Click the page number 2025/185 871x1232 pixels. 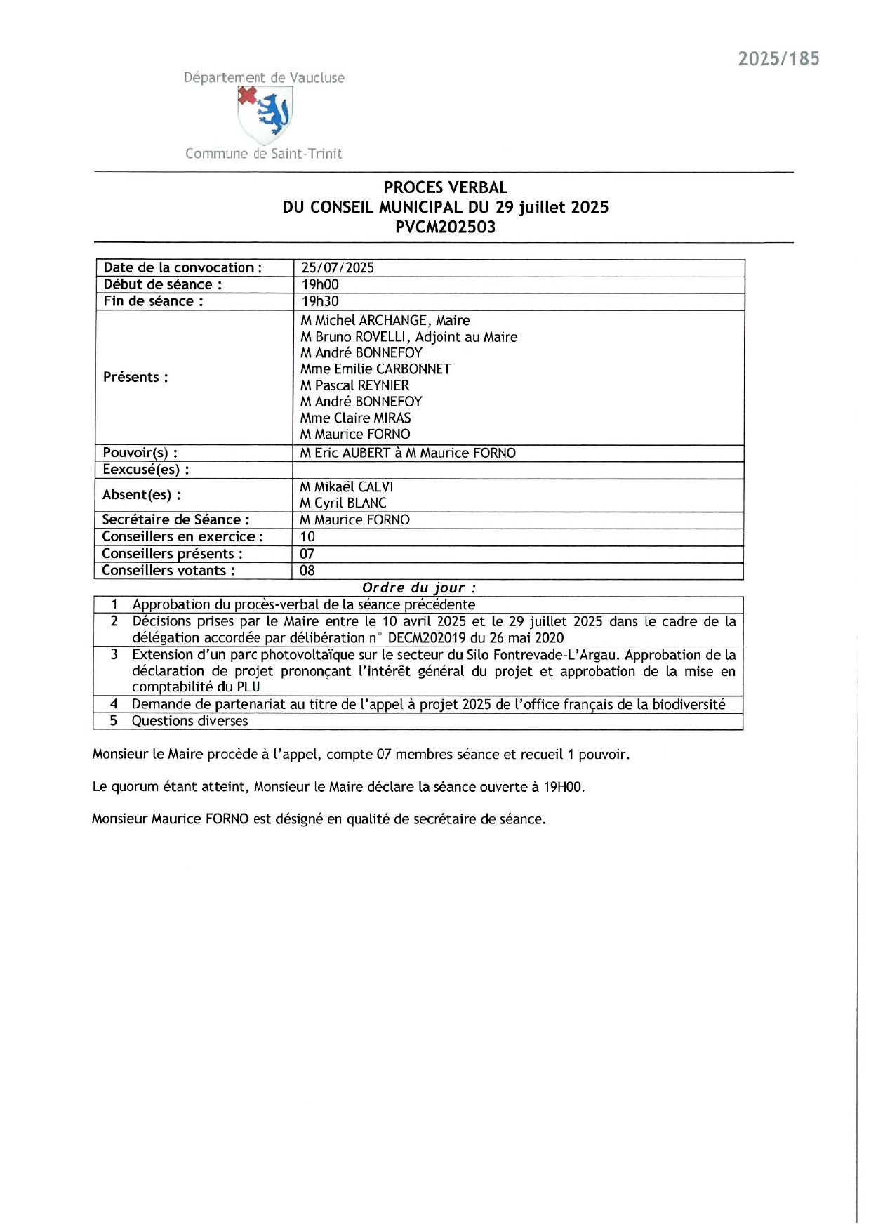[778, 59]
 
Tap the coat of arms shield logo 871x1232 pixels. [265, 115]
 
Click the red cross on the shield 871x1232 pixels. [247, 95]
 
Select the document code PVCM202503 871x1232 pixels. [445, 227]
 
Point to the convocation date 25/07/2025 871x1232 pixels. [337, 267]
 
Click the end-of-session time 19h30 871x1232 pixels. [320, 301]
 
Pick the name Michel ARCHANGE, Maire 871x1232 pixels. [385, 320]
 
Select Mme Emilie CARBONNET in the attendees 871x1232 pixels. [375, 369]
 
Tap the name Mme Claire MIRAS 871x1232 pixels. [355, 418]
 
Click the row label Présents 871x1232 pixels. [135, 377]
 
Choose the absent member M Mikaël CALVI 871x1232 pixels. [346, 486]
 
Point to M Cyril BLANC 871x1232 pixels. [343, 503]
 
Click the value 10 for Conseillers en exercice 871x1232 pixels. [307, 536]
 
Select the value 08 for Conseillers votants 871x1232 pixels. [307, 570]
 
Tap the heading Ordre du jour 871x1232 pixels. [419, 588]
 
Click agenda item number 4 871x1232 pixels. [114, 704]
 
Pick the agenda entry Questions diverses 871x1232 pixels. [190, 721]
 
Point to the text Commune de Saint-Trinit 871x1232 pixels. [263, 154]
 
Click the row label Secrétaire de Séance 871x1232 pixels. [175, 519]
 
